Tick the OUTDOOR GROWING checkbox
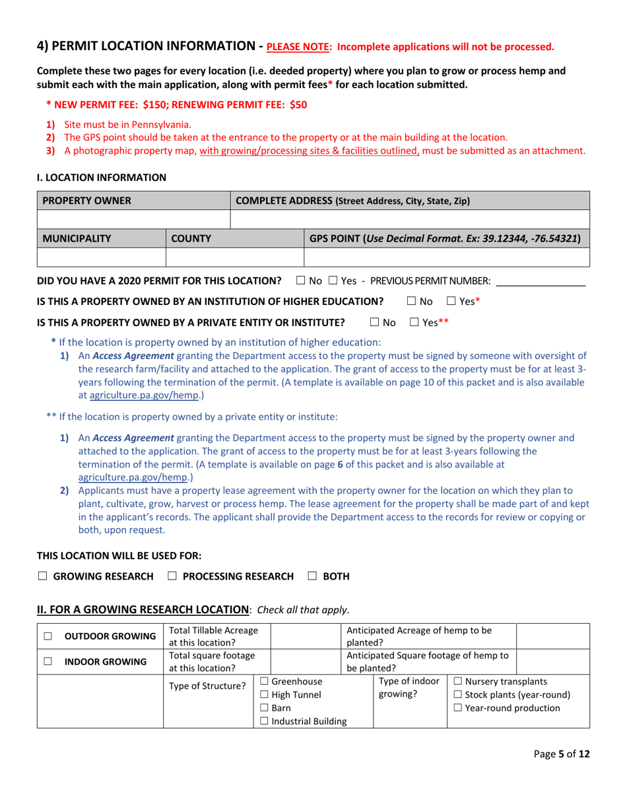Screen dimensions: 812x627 48,636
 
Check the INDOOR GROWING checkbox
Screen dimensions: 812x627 48,661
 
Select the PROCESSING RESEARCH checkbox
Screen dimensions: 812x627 172,576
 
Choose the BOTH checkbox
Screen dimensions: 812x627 312,576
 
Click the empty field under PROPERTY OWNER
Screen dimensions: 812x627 133,219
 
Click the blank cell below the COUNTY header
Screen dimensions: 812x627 234,256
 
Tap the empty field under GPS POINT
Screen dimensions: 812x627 446,256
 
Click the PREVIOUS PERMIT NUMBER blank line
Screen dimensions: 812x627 540,281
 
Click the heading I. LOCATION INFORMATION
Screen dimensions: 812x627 102,177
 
